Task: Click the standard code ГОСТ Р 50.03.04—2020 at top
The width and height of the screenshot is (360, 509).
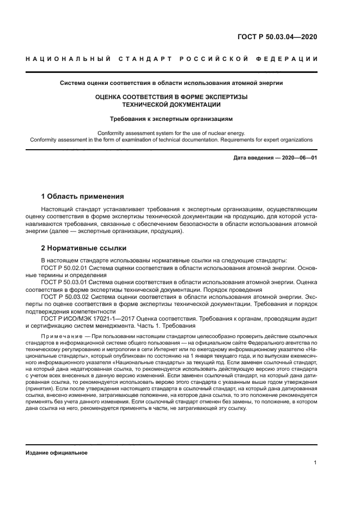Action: click(x=278, y=38)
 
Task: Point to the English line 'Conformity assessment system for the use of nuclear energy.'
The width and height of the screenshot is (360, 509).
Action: click(x=171, y=133)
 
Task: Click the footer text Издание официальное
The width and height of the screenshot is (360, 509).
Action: click(x=57, y=452)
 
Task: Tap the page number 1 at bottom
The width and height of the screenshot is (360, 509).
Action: click(x=315, y=463)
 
